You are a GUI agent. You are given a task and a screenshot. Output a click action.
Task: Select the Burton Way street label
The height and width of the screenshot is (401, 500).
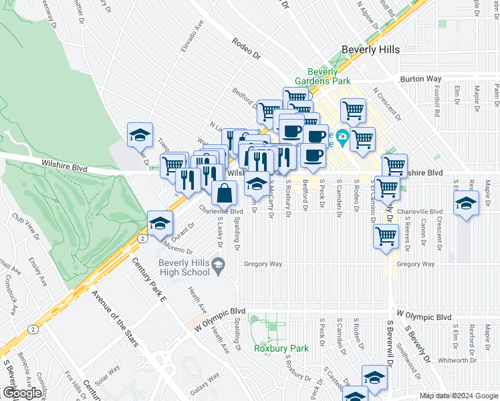tap(421, 79)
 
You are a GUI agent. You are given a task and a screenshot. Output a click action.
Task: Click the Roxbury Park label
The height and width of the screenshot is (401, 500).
tap(281, 348)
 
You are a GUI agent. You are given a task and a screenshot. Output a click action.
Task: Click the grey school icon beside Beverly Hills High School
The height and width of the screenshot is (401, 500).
tap(218, 267)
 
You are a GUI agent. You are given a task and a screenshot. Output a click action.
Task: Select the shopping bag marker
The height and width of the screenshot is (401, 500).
tap(225, 193)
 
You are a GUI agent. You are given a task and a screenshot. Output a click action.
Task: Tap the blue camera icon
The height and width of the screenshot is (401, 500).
tap(342, 136)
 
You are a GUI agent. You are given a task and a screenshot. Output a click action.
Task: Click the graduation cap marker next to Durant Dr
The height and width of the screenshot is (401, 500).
tap(160, 224)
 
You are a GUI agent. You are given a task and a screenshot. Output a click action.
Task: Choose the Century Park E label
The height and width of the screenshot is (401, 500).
tap(148, 279)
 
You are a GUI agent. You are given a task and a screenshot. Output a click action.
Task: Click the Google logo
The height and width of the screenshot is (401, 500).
tap(22, 393)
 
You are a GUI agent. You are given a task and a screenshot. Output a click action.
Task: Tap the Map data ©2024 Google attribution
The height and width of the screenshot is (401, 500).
tap(459, 396)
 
